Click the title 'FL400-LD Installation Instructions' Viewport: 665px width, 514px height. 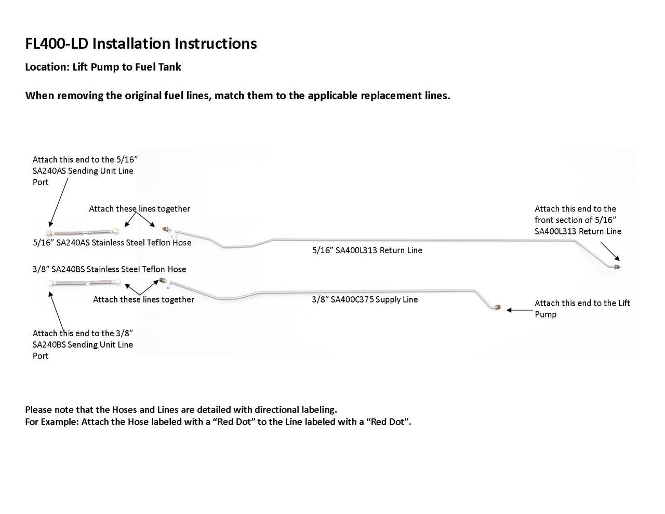pos(141,43)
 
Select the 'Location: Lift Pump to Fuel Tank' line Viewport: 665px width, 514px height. pos(103,67)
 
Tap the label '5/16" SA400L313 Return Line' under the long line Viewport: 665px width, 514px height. pos(367,251)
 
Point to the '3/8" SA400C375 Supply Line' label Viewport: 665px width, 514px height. pos(365,300)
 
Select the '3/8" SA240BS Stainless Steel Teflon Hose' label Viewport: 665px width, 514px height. pos(109,269)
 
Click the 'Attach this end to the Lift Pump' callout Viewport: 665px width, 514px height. pos(582,309)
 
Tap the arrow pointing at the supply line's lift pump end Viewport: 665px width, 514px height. pos(517,310)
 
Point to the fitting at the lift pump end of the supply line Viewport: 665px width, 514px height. pos(498,308)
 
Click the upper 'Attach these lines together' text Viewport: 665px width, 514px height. pos(139,209)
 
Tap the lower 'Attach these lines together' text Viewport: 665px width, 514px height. pos(143,299)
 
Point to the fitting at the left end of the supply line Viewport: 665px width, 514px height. pos(163,281)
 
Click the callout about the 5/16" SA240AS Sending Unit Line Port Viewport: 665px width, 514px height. pos(83,171)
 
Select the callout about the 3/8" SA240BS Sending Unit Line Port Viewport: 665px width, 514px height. pos(83,345)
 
